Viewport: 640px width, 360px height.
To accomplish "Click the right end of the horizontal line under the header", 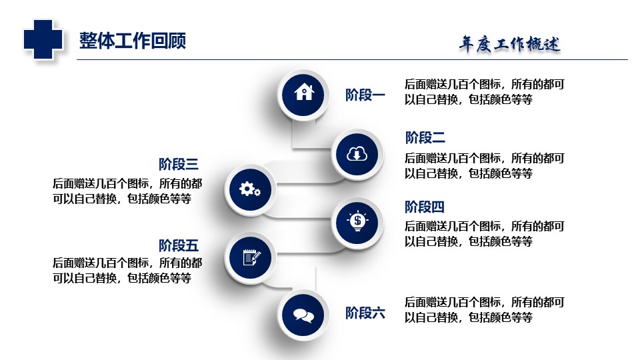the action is tap(628, 59).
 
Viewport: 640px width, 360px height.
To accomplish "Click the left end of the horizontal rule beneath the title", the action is tap(77, 59).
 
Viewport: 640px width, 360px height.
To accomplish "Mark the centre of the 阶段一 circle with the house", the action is tap(303, 95).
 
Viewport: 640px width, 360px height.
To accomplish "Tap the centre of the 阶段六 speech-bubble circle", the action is tap(303, 315).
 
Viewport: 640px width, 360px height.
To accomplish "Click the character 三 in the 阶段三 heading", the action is tap(191, 164).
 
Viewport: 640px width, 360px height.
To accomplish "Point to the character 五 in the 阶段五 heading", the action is tap(191, 246).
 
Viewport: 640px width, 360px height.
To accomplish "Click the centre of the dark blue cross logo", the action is tap(43, 39).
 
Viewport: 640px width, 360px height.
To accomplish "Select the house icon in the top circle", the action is tap(304, 92).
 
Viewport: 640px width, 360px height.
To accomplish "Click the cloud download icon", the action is tap(357, 154).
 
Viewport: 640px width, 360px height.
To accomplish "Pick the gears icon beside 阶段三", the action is tap(250, 189).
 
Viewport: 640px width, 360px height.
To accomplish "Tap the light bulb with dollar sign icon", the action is tap(357, 221).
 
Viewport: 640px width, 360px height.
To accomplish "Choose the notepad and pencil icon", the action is tap(251, 257).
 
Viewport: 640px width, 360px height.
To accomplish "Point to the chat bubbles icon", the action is tap(304, 315).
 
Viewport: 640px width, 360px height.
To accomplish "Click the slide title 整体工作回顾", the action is tap(133, 41).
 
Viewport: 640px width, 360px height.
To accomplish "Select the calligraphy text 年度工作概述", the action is tap(509, 44).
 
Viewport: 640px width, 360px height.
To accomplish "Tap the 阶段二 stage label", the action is tap(425, 137).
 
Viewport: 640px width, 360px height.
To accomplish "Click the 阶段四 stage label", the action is tap(425, 207).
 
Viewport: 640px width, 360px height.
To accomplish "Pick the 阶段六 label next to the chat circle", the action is tap(365, 313).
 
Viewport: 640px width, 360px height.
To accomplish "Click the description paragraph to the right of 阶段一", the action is tap(485, 92).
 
